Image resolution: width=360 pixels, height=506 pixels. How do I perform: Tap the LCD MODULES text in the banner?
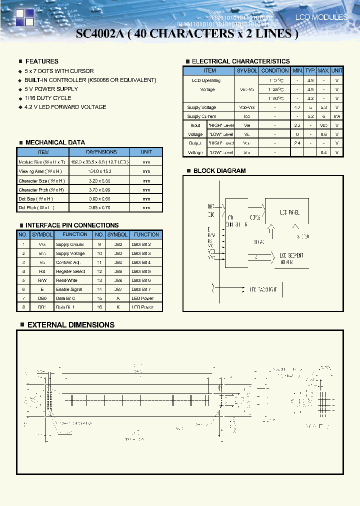(321, 17)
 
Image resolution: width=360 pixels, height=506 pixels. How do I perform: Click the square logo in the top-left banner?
(23, 17)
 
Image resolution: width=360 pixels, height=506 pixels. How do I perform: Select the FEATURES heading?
(41, 61)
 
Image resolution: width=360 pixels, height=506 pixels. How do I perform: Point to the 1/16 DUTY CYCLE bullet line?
(47, 98)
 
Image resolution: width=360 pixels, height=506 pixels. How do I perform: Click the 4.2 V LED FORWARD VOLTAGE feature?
(65, 107)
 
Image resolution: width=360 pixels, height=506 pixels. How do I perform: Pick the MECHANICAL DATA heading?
(55, 142)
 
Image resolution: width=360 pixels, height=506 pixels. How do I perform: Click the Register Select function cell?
(70, 271)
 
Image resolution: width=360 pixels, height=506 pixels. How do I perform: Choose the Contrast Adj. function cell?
(68, 262)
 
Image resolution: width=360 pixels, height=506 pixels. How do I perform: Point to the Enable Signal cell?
(70, 289)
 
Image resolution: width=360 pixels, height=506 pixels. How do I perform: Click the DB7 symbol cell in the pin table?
(117, 289)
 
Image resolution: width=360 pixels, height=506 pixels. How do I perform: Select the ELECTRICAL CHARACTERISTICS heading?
(240, 61)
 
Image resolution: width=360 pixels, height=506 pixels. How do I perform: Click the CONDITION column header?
(275, 71)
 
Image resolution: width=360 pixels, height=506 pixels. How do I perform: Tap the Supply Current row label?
(201, 116)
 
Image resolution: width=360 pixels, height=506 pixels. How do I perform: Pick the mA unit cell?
(337, 116)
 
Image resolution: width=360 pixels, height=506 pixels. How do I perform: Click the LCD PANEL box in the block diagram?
(289, 212)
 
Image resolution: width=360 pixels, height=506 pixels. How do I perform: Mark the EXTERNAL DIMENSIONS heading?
(70, 325)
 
